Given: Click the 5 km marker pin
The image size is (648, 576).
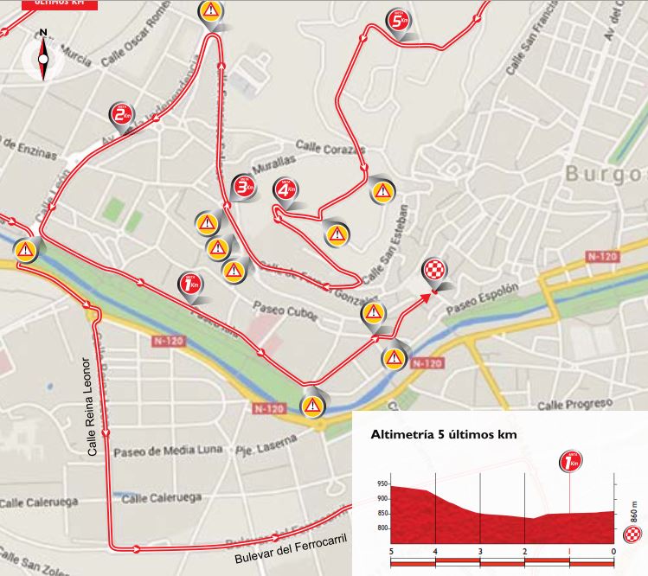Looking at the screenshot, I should tap(398, 21).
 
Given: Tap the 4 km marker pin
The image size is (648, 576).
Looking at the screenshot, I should tap(286, 189).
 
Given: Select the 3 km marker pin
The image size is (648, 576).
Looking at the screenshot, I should tap(246, 185).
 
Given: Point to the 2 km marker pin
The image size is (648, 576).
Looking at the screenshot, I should tap(121, 114).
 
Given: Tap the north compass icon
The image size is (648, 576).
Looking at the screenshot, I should tap(43, 58).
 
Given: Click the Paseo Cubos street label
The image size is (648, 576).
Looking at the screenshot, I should tap(279, 307).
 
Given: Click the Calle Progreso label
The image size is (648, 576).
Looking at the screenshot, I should tap(574, 405).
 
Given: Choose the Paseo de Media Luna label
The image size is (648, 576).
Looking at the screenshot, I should tap(167, 451).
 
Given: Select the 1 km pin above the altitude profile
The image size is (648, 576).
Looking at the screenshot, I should tap(570, 464).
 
